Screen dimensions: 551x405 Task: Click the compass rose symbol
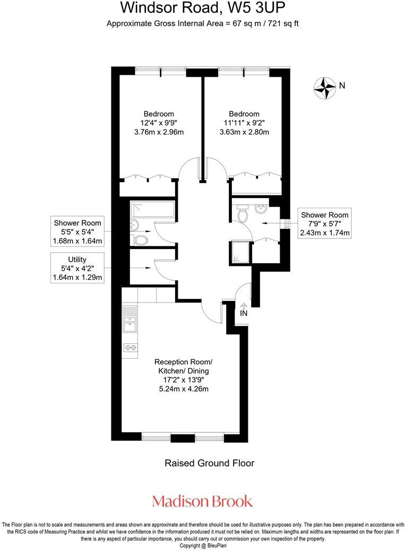coord(324,87)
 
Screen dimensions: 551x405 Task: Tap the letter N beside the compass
coord(342,85)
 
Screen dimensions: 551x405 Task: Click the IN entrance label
coord(244,313)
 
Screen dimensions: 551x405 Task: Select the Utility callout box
coord(77,268)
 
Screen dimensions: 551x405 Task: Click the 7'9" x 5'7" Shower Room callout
coord(324,224)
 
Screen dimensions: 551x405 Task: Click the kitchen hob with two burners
coord(130,348)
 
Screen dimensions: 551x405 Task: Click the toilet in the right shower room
coord(244,215)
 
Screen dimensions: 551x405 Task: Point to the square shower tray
coord(239,251)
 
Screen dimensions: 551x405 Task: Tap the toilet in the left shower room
coord(141,240)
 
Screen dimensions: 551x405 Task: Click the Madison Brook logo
coord(202,501)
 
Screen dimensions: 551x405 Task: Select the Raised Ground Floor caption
coord(209,463)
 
